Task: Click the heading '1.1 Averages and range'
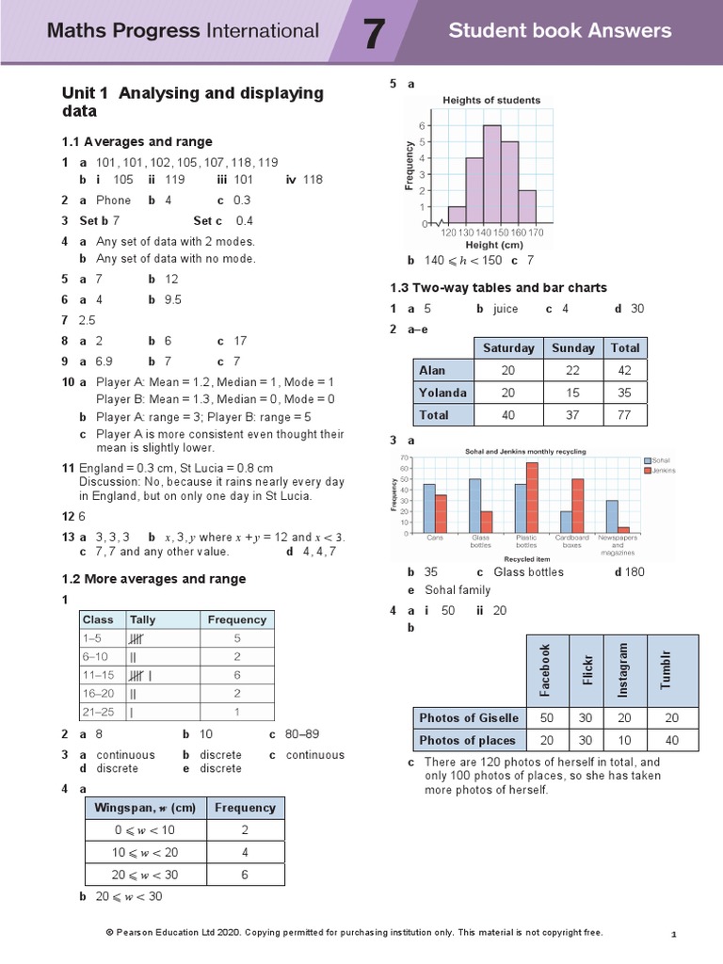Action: click(137, 142)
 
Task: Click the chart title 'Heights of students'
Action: click(491, 100)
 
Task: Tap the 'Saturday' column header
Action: click(508, 347)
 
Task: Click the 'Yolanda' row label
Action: click(442, 393)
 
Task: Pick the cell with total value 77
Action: click(625, 415)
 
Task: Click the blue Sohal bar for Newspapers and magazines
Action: click(612, 516)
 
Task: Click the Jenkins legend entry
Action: click(662, 470)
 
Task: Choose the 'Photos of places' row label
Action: click(468, 740)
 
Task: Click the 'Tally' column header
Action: click(143, 619)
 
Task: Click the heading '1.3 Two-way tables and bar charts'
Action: click(498, 287)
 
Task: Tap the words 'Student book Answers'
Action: click(560, 31)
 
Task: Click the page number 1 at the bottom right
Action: click(674, 934)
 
